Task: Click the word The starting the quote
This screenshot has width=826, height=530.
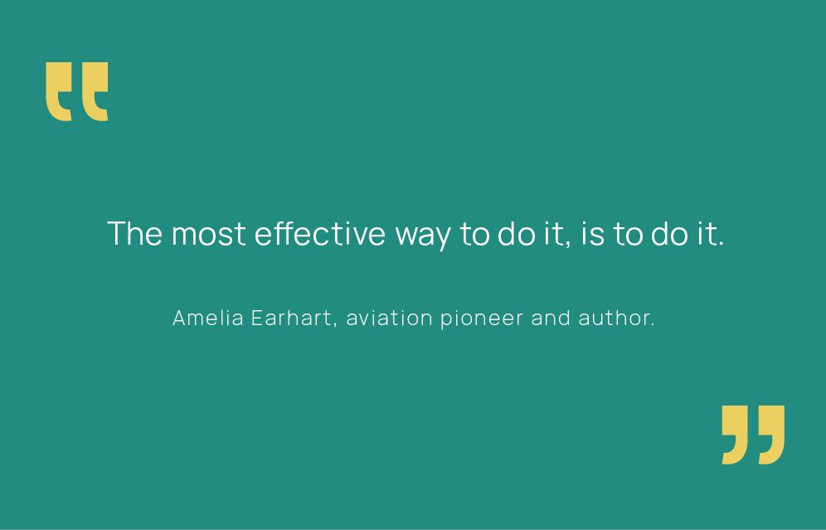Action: pyautogui.click(x=135, y=233)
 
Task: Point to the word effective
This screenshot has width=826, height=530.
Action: pyautogui.click(x=320, y=233)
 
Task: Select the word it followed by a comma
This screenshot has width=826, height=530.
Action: pyautogui.click(x=556, y=235)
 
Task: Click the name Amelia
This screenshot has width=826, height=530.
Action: pyautogui.click(x=208, y=318)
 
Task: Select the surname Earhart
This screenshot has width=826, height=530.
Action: pyautogui.click(x=291, y=318)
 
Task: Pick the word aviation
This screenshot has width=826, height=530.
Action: pyautogui.click(x=389, y=318)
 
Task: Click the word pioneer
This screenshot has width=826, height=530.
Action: pyautogui.click(x=482, y=319)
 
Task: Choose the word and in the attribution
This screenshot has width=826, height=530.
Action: pyautogui.click(x=551, y=318)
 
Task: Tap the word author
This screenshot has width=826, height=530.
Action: pyautogui.click(x=616, y=318)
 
